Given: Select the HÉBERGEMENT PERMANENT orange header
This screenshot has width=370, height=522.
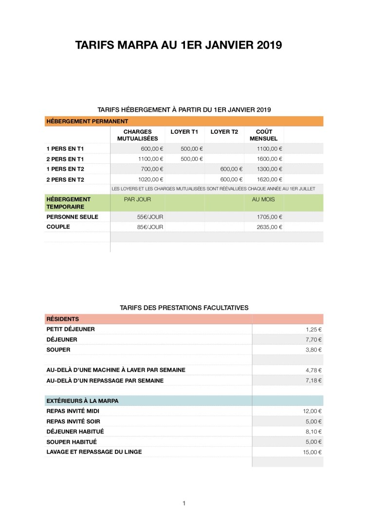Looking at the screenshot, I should click(87, 121).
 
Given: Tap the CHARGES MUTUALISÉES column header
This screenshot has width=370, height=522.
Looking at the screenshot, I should click(137, 135).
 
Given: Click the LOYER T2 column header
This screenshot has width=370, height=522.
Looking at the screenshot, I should click(224, 132).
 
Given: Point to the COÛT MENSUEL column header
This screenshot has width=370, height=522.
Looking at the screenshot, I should click(263, 135).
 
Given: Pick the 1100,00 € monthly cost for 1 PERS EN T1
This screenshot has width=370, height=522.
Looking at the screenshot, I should click(269, 149).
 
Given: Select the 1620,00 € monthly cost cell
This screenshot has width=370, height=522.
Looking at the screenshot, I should click(269, 179).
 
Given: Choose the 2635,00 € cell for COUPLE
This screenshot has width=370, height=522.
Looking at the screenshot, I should click(269, 227).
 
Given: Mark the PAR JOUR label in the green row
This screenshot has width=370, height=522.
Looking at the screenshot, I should click(137, 199).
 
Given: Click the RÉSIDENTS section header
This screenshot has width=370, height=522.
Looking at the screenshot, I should click(63, 319).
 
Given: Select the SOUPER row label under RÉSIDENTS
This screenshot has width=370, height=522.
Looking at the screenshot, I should click(58, 349).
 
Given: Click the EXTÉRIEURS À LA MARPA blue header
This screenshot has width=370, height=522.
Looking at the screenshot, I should click(82, 401).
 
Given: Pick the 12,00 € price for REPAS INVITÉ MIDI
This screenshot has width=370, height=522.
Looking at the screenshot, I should click(312, 411).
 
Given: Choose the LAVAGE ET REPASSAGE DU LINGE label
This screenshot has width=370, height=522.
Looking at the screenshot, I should click(94, 452).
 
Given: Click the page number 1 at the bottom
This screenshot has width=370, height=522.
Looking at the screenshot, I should click(184, 503).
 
